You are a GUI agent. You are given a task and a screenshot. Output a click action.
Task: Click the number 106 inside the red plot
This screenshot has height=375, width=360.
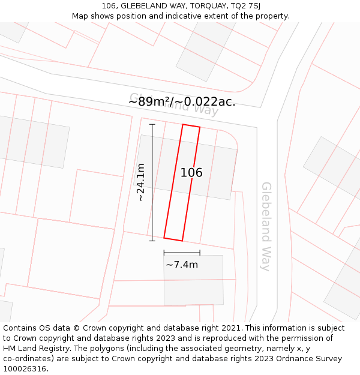point(191,173)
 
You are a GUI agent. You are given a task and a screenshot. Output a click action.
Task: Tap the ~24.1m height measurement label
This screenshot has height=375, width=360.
point(140,182)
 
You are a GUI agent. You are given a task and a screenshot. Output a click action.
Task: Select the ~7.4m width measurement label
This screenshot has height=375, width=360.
point(182,265)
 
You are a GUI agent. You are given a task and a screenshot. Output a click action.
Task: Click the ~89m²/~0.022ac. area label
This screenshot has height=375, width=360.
point(182,101)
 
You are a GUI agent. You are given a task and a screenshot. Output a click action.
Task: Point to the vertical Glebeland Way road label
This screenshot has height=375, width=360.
point(266,226)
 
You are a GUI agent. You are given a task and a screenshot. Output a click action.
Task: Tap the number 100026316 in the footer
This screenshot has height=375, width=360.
point(25,369)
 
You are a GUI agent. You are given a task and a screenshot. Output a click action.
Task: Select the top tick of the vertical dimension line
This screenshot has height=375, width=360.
point(152,124)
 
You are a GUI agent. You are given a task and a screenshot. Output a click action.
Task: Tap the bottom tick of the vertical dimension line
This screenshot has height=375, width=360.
point(152,241)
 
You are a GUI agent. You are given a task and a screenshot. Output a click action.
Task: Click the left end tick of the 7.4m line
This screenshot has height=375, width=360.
point(164,253)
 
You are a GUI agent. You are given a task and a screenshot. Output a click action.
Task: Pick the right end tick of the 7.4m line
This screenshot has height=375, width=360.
point(200,253)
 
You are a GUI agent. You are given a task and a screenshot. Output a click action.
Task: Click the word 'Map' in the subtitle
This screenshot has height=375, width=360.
point(80,16)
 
